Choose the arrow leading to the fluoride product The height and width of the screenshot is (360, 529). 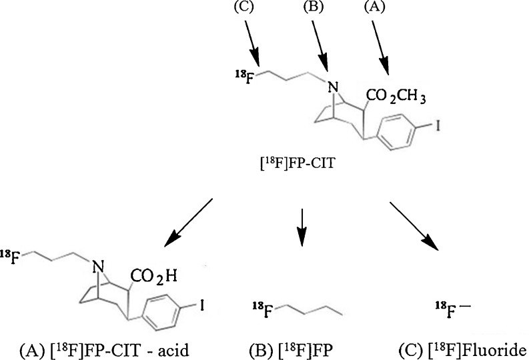[414, 224]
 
